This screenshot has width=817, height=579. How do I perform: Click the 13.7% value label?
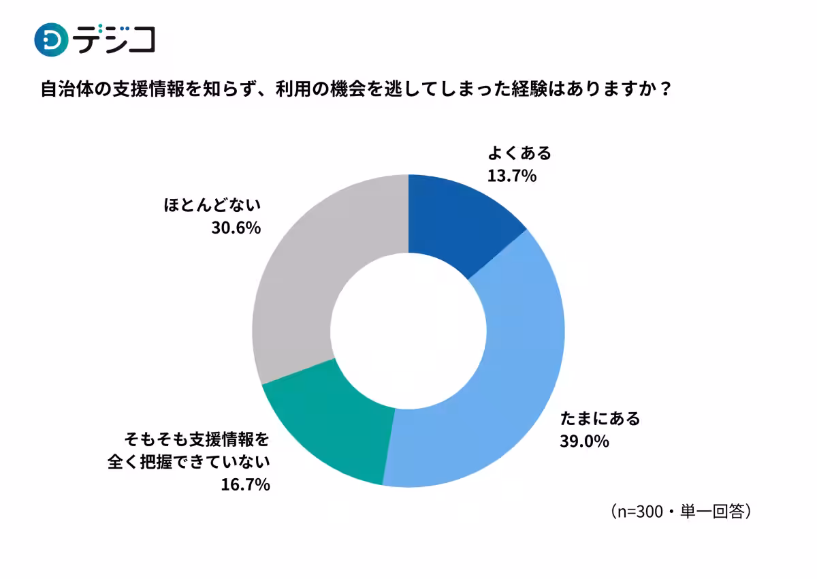(512, 176)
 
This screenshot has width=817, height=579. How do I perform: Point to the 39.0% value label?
(584, 441)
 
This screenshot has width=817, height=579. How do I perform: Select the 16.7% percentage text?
(246, 485)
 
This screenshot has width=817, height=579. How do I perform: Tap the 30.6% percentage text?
(236, 228)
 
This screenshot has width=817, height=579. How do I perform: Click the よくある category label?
(519, 153)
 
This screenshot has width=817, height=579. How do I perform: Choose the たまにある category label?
(600, 418)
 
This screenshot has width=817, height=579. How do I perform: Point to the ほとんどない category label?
(212, 204)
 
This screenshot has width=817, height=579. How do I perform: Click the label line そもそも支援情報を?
(197, 437)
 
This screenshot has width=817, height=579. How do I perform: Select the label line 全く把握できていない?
(189, 461)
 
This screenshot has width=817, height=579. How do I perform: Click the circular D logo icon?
(51, 40)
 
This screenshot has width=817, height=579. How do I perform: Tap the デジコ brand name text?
(114, 40)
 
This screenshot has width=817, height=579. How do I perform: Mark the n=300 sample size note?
(681, 511)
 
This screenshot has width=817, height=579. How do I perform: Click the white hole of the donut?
(408, 330)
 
